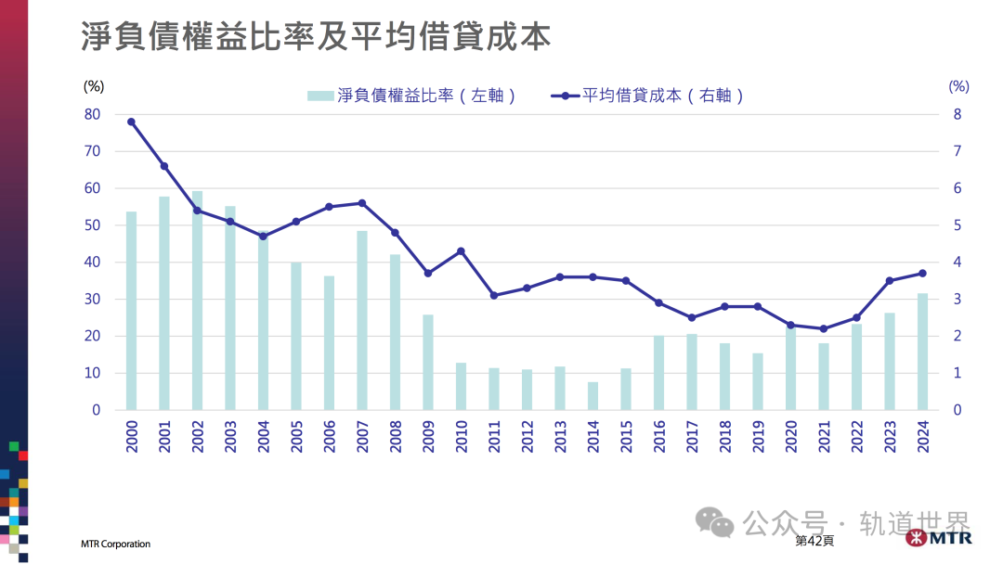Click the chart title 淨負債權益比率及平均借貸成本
(315, 36)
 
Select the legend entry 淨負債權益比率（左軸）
(412, 96)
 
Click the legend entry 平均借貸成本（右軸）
(649, 96)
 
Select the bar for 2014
(593, 396)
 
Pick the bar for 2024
(922, 352)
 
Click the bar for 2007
(362, 320)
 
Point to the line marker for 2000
(131, 122)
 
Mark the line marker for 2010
(461, 251)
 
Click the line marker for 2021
(824, 328)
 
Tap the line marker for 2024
(922, 273)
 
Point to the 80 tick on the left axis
(92, 114)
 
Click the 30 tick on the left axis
(92, 300)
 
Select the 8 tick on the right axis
(957, 114)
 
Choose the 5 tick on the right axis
(957, 225)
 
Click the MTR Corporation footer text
(115, 544)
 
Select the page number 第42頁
(814, 540)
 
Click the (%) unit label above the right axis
(958, 86)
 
